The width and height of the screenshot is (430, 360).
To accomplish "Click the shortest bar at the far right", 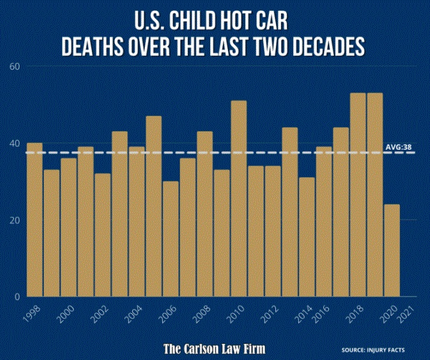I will point(391,250).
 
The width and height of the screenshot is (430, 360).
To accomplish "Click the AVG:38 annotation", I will point(399,147).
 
